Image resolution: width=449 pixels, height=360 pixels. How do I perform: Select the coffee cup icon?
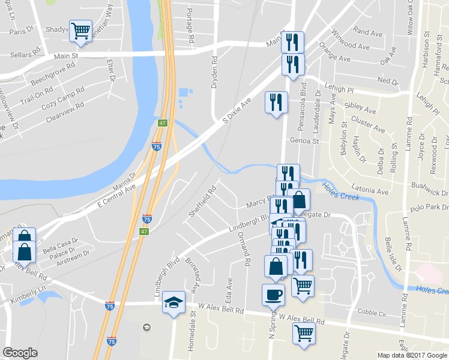[274, 295]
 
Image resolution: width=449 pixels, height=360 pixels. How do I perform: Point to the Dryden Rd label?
[214, 73]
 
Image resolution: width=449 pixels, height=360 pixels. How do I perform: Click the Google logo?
[20, 353]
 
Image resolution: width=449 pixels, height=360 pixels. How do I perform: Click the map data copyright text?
[412, 355]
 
